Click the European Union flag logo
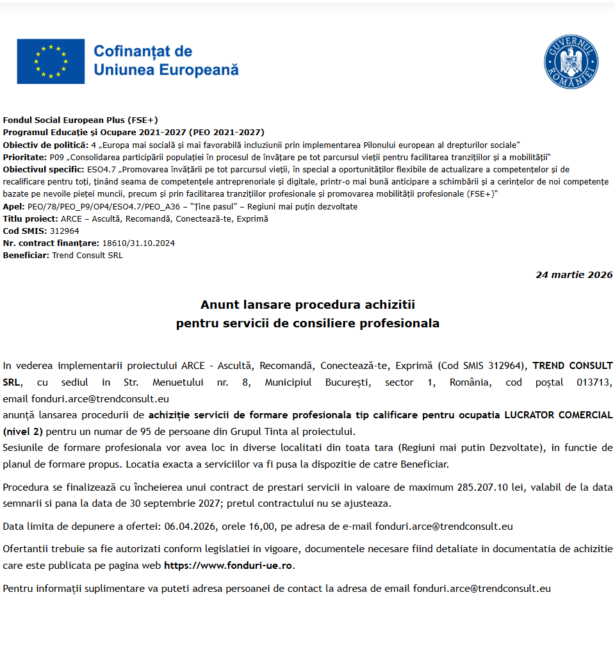[51, 61]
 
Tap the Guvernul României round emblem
[571, 62]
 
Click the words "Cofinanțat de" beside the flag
[143, 51]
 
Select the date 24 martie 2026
[574, 275]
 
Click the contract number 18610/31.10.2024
[138, 243]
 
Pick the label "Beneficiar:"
[26, 255]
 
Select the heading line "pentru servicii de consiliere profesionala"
[307, 323]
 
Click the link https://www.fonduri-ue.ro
[229, 566]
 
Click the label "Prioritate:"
[24, 158]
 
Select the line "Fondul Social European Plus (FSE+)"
[80, 120]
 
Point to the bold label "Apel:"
[14, 206]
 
